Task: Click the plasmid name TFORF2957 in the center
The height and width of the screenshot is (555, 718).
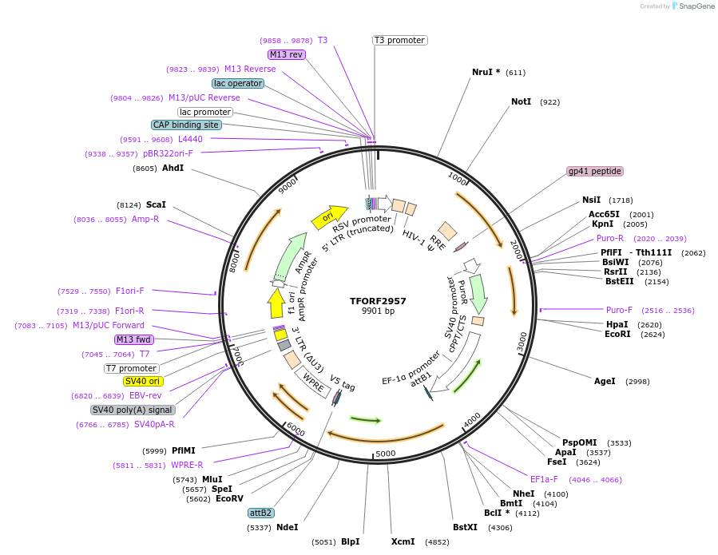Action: click(x=378, y=301)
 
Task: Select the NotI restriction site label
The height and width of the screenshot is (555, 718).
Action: click(x=521, y=101)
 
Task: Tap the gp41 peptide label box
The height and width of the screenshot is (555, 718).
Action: click(x=595, y=171)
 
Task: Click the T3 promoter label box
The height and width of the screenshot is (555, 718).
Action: click(x=399, y=40)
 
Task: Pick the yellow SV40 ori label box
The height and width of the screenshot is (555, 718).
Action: click(x=143, y=381)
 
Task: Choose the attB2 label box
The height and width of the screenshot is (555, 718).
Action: click(x=260, y=513)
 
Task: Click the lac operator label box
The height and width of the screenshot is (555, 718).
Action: click(x=238, y=83)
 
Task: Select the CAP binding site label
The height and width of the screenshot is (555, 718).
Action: click(x=186, y=125)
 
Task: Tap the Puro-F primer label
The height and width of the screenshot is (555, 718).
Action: click(x=619, y=310)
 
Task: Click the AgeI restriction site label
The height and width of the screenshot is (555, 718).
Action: click(x=605, y=381)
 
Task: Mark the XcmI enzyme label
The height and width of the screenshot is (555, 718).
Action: click(x=403, y=541)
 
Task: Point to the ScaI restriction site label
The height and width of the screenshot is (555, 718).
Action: click(x=156, y=204)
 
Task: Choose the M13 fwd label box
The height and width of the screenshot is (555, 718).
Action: click(x=133, y=339)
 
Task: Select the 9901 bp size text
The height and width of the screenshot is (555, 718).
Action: click(x=378, y=311)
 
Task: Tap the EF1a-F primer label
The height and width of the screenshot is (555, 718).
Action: click(x=544, y=479)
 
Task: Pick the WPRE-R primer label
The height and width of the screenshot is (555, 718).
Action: click(x=187, y=465)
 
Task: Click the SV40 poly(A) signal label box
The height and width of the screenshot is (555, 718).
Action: click(x=133, y=410)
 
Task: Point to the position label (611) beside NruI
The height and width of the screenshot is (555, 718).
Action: click(x=515, y=73)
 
